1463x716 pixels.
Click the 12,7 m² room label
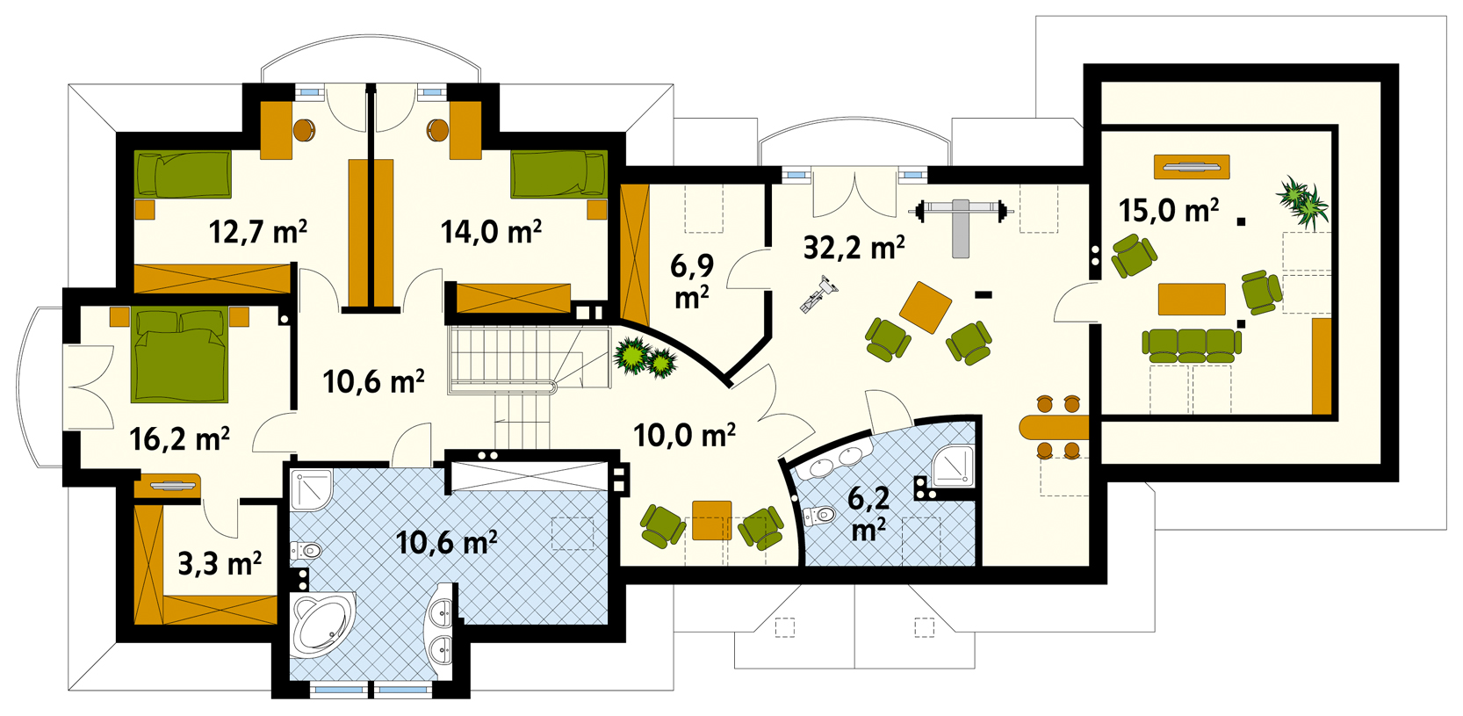tap(258, 231)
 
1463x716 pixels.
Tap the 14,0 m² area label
tap(491, 231)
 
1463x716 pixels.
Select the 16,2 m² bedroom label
tap(180, 439)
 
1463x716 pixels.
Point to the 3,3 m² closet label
tap(220, 563)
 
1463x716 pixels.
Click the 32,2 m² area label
tap(854, 248)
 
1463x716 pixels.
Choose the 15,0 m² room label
tap(1169, 210)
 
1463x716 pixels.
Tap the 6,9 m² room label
tap(692, 281)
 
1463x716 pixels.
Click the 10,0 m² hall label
tap(684, 435)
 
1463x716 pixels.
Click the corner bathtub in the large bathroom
tap(323, 624)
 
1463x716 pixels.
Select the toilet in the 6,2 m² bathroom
tap(819, 516)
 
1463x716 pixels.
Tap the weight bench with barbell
tap(960, 226)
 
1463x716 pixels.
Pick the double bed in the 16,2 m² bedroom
tap(180, 356)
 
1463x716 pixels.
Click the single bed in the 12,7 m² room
tap(183, 175)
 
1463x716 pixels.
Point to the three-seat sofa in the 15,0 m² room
tap(1192, 345)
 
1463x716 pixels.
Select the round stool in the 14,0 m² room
tap(437, 130)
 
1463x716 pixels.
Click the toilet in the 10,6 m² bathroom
tap(306, 551)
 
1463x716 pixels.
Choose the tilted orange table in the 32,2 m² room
tap(926, 307)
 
